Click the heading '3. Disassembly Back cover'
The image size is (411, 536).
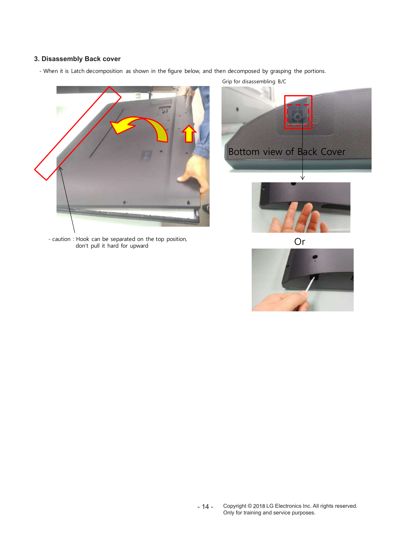77,59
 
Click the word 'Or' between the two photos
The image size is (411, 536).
300,242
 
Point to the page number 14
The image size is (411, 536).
205,507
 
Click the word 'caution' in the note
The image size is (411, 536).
61,239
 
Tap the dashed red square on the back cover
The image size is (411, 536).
298,115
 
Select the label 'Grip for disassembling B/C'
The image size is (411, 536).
254,81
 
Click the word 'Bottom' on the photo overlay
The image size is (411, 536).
244,152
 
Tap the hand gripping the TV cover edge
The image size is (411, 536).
194,173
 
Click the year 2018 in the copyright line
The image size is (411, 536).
259,506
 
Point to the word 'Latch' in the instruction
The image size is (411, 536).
78,71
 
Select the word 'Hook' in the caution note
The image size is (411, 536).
83,239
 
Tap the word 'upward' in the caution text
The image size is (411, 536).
139,246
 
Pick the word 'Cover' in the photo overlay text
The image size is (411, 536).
333,152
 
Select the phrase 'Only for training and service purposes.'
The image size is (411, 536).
269,513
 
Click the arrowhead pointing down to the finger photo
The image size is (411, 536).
302,178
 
